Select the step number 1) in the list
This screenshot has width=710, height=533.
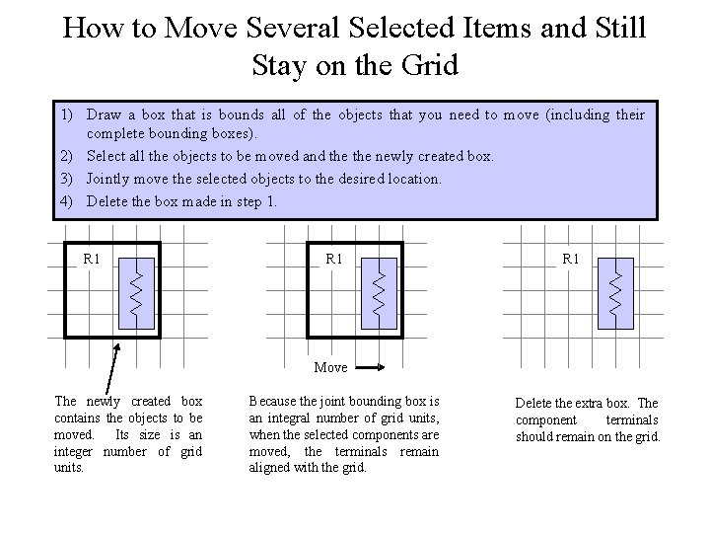click(62, 115)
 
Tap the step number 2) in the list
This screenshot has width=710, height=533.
click(62, 156)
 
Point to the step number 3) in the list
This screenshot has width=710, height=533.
click(62, 179)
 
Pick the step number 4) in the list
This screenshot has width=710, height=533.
click(62, 201)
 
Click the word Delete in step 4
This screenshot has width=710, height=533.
click(107, 201)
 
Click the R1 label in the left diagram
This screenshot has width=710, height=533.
click(92, 259)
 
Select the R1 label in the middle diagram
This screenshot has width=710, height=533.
click(334, 259)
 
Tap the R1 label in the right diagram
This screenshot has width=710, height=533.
click(571, 259)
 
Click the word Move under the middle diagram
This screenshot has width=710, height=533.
click(330, 367)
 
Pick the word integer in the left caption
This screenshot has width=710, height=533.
click(78, 451)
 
